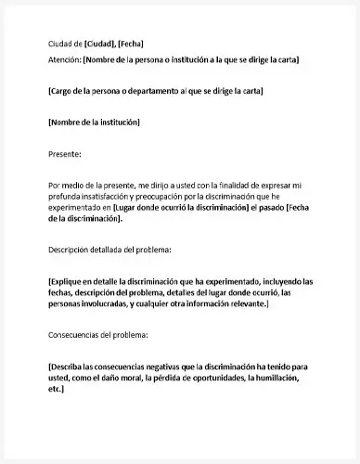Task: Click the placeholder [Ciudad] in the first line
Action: coord(100,44)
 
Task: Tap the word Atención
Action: coord(64,59)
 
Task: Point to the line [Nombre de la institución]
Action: coord(93,122)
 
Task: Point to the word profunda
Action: coord(64,196)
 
